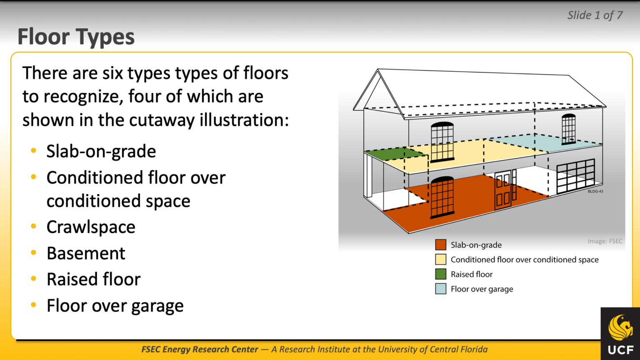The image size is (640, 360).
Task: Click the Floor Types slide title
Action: coord(76,37)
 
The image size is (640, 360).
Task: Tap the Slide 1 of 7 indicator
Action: coord(595,15)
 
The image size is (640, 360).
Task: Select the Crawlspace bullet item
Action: coord(91,227)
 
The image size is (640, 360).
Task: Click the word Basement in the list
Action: coord(86,253)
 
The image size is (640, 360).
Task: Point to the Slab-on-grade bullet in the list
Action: coord(101,151)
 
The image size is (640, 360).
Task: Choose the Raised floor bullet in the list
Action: coord(93,280)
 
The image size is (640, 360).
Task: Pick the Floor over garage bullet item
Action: coord(115,306)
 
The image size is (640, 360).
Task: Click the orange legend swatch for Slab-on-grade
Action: coord(440,245)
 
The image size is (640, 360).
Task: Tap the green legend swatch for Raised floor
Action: coord(440,274)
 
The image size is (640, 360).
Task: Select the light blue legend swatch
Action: coord(440,289)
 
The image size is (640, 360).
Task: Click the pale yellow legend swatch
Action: coord(440,260)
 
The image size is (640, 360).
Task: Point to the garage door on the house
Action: coord(575,176)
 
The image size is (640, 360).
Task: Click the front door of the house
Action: coord(503,191)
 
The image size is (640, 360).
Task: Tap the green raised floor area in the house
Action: coord(394,154)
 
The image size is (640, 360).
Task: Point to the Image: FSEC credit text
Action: coord(605,241)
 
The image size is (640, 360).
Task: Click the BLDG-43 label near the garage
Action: coord(595,191)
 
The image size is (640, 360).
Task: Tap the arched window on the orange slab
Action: coord(442,197)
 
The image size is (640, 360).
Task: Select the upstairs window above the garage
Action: coord(568,129)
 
